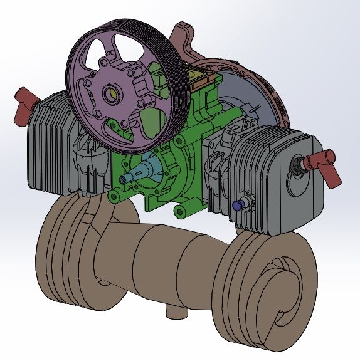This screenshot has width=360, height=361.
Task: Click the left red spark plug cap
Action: click(23, 101)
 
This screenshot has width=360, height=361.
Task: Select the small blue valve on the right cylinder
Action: click(238, 205)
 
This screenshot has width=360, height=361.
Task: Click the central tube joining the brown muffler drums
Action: click(169, 257)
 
